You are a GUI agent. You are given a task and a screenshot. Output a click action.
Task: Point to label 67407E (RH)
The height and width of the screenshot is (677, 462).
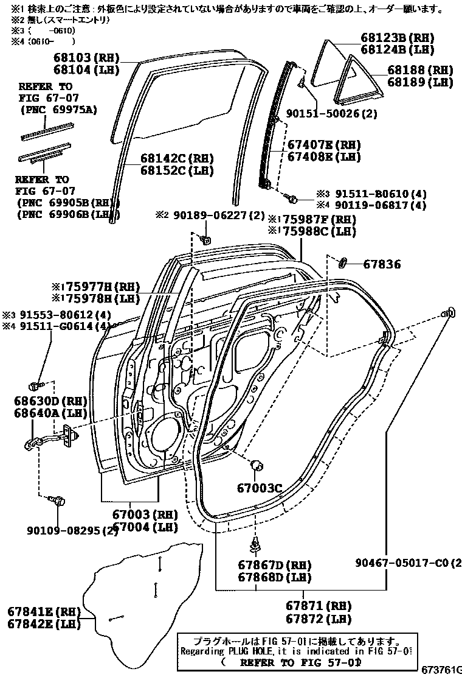[x=323, y=145]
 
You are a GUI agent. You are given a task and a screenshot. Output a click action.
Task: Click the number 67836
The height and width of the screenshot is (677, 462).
[x=382, y=264]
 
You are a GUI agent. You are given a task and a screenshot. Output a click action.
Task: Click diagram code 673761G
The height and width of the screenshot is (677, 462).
[x=441, y=670]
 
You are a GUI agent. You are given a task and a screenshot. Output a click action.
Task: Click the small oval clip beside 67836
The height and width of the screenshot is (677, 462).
[x=342, y=263]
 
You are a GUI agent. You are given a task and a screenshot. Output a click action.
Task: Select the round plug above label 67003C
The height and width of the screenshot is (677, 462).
[x=257, y=466]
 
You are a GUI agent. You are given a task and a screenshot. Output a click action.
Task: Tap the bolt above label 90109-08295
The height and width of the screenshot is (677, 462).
[x=59, y=500]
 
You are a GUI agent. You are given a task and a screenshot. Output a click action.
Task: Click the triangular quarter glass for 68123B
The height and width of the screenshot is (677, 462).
[x=333, y=64]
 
